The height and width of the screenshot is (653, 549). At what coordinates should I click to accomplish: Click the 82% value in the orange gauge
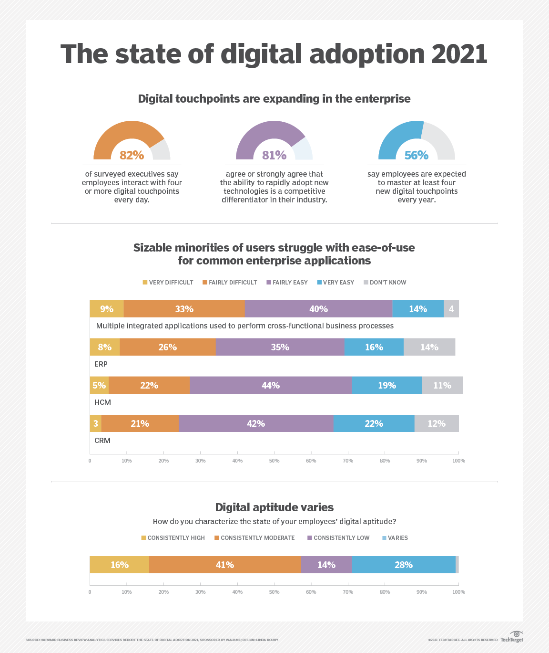(x=132, y=155)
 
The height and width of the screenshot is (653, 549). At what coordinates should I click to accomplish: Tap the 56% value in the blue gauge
(x=416, y=155)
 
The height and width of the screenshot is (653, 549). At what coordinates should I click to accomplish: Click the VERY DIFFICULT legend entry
(x=168, y=283)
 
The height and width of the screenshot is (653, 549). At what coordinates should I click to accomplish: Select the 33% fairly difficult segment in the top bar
(x=184, y=309)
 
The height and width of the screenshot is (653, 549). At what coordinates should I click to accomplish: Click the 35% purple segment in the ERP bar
(x=280, y=347)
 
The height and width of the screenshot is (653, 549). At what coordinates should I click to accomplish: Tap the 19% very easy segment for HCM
(x=386, y=385)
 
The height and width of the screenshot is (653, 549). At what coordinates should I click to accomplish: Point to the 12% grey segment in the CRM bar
(x=436, y=423)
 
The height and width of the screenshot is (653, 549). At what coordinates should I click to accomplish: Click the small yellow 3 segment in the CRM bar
(x=95, y=423)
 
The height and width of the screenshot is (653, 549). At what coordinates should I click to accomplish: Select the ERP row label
(x=101, y=364)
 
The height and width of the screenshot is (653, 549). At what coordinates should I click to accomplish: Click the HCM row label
(x=102, y=402)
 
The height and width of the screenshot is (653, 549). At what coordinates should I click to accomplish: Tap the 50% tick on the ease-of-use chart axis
(x=274, y=461)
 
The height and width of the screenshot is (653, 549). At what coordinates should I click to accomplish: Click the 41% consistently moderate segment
(x=224, y=565)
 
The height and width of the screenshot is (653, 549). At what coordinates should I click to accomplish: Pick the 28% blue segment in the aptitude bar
(x=403, y=565)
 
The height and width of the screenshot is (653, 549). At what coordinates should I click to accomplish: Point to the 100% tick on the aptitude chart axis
(x=458, y=592)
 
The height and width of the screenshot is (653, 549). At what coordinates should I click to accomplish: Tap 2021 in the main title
(x=459, y=54)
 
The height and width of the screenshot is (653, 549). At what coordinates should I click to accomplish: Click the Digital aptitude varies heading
(x=274, y=507)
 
